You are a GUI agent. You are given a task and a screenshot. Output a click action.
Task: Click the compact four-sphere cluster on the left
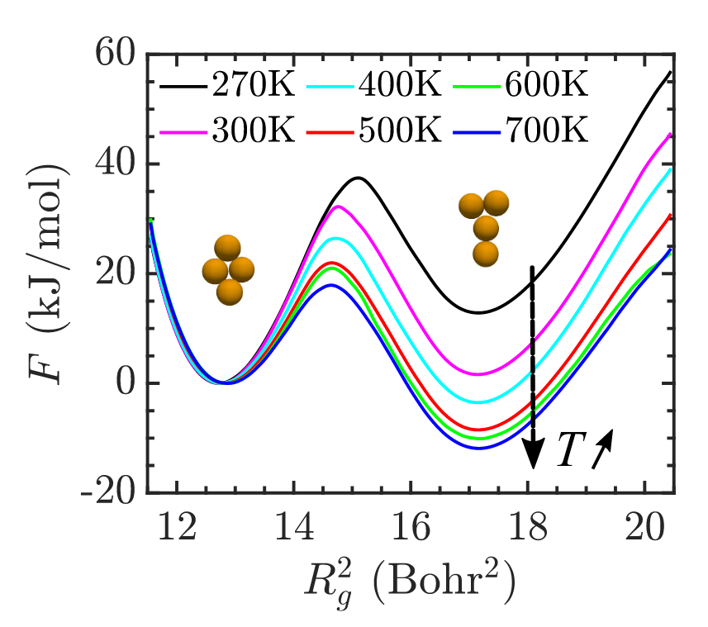pos(227,268)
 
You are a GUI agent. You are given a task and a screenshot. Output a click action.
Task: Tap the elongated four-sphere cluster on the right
pos(485,226)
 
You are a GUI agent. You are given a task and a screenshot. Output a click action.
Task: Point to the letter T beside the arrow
pos(569,450)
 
